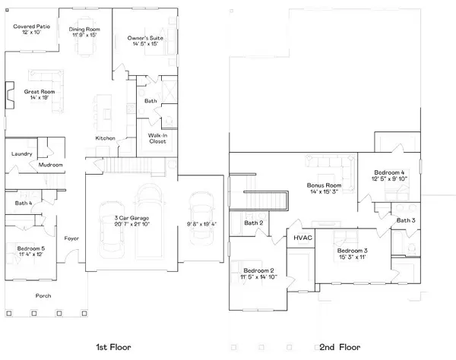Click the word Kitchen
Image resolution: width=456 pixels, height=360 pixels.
click(x=105, y=137)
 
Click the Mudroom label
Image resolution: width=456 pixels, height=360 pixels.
click(x=51, y=165)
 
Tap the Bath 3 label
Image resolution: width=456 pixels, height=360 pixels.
click(x=406, y=220)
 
